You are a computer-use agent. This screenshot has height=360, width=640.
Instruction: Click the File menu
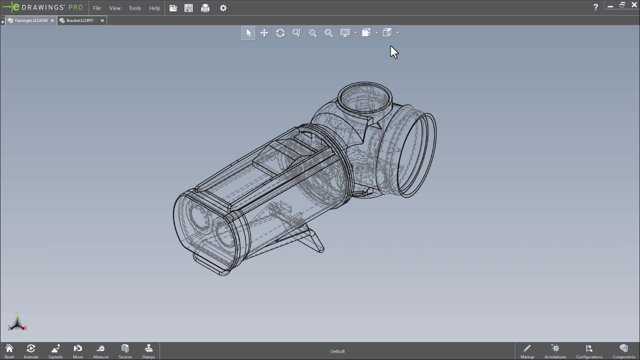97,8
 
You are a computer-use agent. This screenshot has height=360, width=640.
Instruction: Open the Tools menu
135,8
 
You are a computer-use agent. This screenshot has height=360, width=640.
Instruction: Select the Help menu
155,8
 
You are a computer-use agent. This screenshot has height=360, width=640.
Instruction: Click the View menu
115,8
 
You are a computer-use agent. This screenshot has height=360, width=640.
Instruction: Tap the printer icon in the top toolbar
205,8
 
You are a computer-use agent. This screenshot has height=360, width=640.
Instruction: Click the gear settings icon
223,8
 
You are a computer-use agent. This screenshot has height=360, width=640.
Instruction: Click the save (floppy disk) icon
189,8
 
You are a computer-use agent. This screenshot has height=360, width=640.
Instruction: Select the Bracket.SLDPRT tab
80,21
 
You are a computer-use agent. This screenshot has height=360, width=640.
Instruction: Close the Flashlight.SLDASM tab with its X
52,21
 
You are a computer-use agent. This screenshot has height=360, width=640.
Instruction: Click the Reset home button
9,351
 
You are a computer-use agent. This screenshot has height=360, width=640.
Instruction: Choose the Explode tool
55,351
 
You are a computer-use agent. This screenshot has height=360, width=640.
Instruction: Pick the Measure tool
101,351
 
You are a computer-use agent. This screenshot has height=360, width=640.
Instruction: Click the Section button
125,351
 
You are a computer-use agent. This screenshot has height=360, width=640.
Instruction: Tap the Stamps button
148,351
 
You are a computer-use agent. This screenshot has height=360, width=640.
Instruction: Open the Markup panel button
527,351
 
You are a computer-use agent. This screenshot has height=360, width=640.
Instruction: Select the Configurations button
589,351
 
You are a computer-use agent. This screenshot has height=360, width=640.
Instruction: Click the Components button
624,351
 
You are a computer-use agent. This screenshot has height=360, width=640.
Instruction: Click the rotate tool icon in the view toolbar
280,33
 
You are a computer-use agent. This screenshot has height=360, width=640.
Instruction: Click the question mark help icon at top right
595,7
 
